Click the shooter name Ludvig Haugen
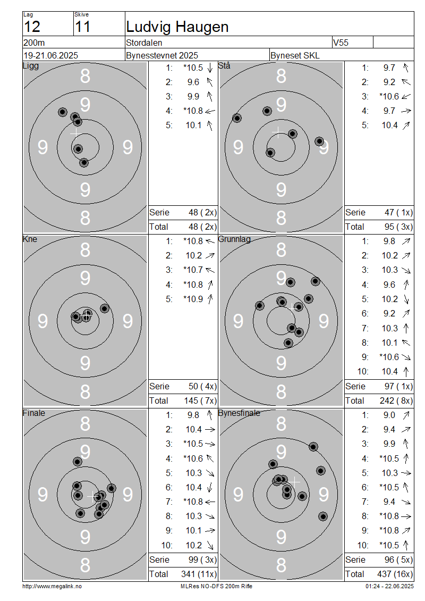(x=177, y=27)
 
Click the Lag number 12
(x=32, y=27)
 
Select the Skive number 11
(x=83, y=27)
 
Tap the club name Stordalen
(x=144, y=43)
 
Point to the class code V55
(x=341, y=43)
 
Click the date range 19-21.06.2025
(x=51, y=55)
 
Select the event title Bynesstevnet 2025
(x=162, y=55)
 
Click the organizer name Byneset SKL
(x=295, y=55)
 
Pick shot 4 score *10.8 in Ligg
(x=193, y=111)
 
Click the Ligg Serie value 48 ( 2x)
(x=202, y=212)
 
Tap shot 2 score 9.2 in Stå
(x=389, y=82)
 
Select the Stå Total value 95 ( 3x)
(x=398, y=227)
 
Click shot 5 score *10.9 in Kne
(x=193, y=299)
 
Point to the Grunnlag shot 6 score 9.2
(x=389, y=314)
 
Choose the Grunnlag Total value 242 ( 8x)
(x=396, y=400)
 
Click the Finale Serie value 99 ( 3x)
(x=202, y=560)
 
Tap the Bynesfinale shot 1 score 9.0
(x=389, y=415)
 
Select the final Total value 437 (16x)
(x=395, y=574)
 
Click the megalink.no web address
(x=52, y=586)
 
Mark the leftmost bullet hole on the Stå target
(x=237, y=118)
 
